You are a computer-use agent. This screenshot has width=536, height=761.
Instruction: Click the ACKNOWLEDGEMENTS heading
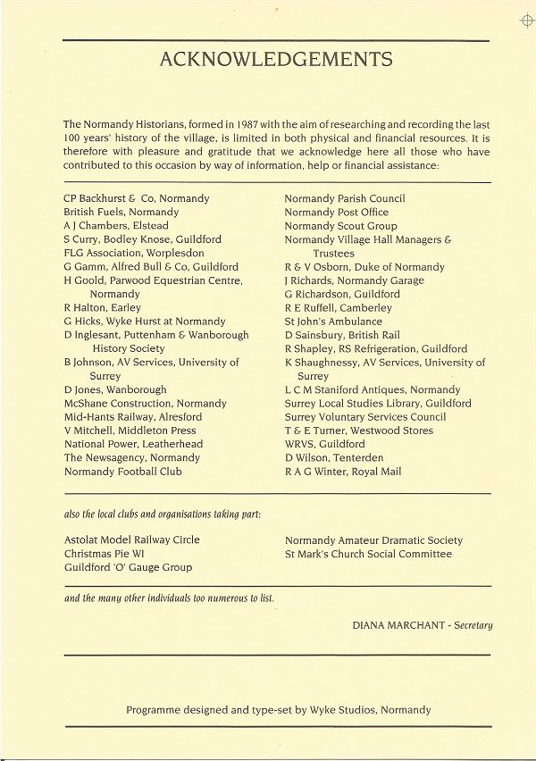tap(276, 60)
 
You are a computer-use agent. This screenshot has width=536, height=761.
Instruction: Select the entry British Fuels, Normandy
tap(121, 213)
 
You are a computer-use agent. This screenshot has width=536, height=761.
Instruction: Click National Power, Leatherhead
tap(133, 444)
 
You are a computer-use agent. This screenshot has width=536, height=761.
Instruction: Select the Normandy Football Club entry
tap(122, 472)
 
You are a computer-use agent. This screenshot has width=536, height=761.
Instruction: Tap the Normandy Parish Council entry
tap(345, 198)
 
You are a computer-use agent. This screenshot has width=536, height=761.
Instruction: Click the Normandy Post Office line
tap(337, 213)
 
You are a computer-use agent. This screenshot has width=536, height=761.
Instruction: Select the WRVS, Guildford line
tap(324, 444)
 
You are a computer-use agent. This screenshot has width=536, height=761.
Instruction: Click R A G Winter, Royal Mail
tap(343, 472)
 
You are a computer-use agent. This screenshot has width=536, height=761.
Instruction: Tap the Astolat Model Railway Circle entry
tap(132, 540)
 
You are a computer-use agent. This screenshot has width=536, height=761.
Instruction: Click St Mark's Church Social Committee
tap(368, 554)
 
